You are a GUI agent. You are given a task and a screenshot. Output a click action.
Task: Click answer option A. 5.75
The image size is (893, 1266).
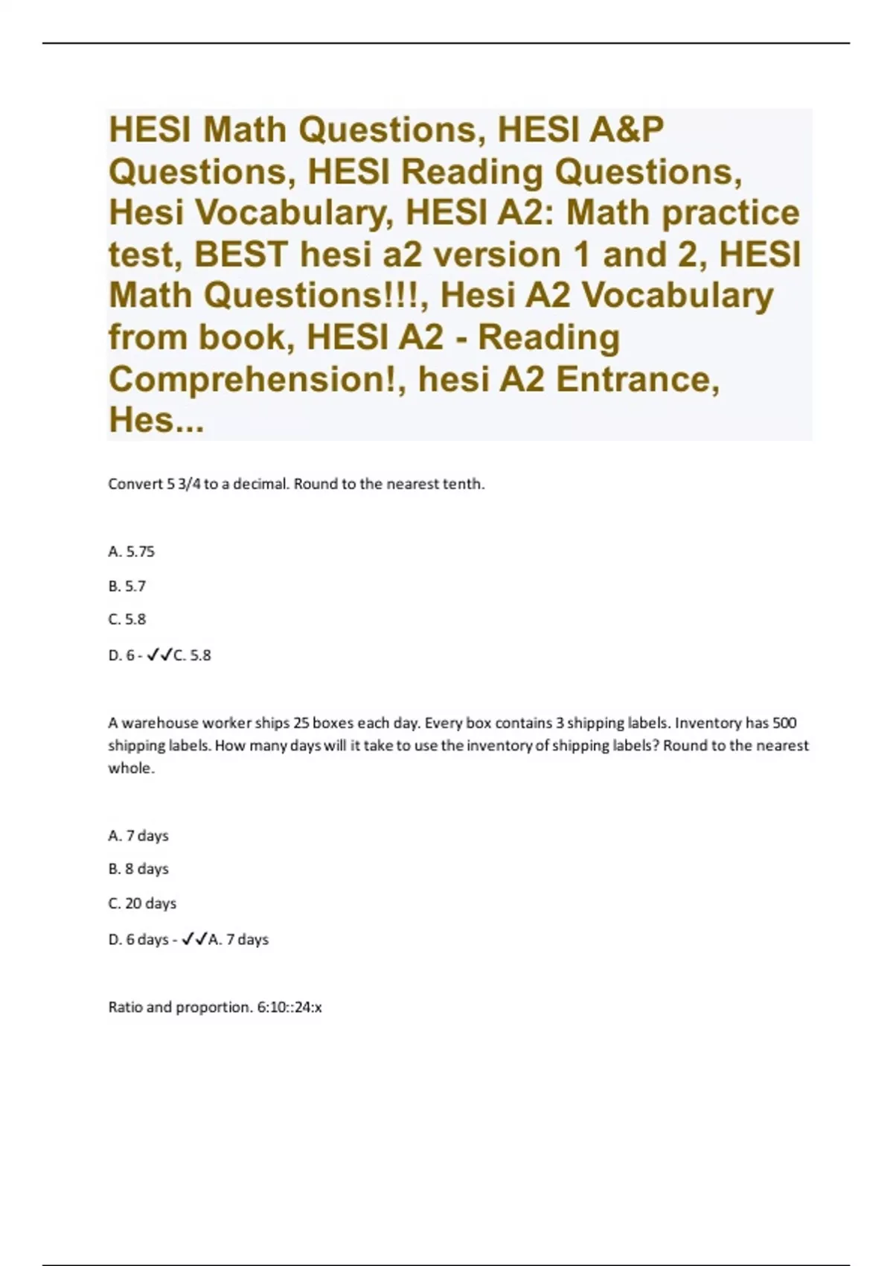click(x=131, y=552)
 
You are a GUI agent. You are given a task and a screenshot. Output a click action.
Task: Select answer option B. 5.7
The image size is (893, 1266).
click(x=127, y=586)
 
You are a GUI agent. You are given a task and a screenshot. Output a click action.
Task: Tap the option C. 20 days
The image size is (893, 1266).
click(x=142, y=903)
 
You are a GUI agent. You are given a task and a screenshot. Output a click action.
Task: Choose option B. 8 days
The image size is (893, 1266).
click(x=138, y=869)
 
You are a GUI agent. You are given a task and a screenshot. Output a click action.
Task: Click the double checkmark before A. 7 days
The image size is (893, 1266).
click(x=195, y=939)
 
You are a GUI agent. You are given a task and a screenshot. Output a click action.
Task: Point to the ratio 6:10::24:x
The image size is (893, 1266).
click(x=289, y=1008)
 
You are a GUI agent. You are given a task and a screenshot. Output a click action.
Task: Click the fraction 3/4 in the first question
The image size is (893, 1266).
click(x=188, y=484)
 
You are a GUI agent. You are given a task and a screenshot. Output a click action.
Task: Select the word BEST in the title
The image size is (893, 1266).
click(x=240, y=255)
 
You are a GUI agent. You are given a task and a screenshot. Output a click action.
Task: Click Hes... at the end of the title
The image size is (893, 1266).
click(x=156, y=421)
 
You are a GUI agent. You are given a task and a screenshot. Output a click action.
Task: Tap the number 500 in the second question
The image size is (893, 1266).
click(x=784, y=723)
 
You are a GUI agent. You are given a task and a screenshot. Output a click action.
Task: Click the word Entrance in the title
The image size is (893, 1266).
click(x=636, y=380)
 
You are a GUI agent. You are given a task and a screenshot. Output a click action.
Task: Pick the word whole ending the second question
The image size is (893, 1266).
click(x=131, y=769)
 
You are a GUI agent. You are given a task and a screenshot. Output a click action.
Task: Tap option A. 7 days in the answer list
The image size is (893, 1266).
click(x=138, y=836)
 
